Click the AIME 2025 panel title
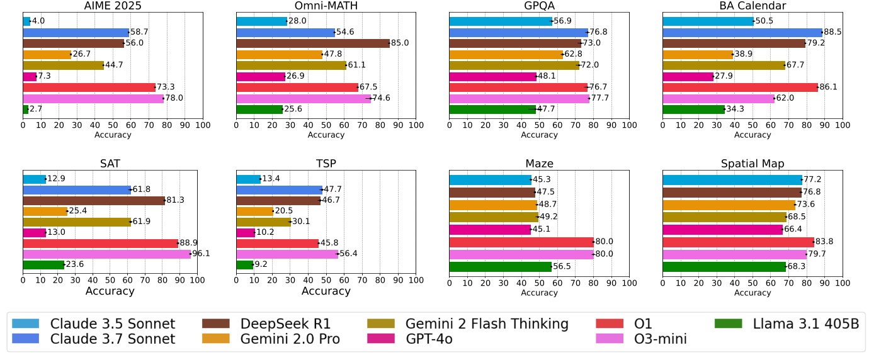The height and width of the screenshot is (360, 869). click(x=113, y=6)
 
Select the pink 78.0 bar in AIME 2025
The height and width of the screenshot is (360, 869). click(x=93, y=98)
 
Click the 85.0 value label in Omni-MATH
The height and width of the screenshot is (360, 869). click(x=400, y=43)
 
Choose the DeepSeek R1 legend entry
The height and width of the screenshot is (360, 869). click(x=285, y=324)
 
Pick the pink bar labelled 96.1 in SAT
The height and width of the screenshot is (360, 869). click(x=106, y=254)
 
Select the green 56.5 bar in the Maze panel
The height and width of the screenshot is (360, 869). click(x=500, y=266)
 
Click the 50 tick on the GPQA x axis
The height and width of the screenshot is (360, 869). click(x=539, y=126)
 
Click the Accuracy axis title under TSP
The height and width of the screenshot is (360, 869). click(x=326, y=291)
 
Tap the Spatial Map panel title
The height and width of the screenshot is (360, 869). click(x=753, y=164)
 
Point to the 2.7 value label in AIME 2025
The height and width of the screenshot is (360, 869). click(x=36, y=110)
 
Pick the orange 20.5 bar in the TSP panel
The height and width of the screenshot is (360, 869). click(x=254, y=211)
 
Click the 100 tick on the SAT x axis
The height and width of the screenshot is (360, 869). click(x=197, y=281)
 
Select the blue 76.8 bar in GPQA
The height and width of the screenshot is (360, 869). click(x=518, y=32)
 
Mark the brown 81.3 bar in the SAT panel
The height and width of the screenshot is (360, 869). click(x=94, y=200)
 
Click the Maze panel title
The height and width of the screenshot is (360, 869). click(x=539, y=164)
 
